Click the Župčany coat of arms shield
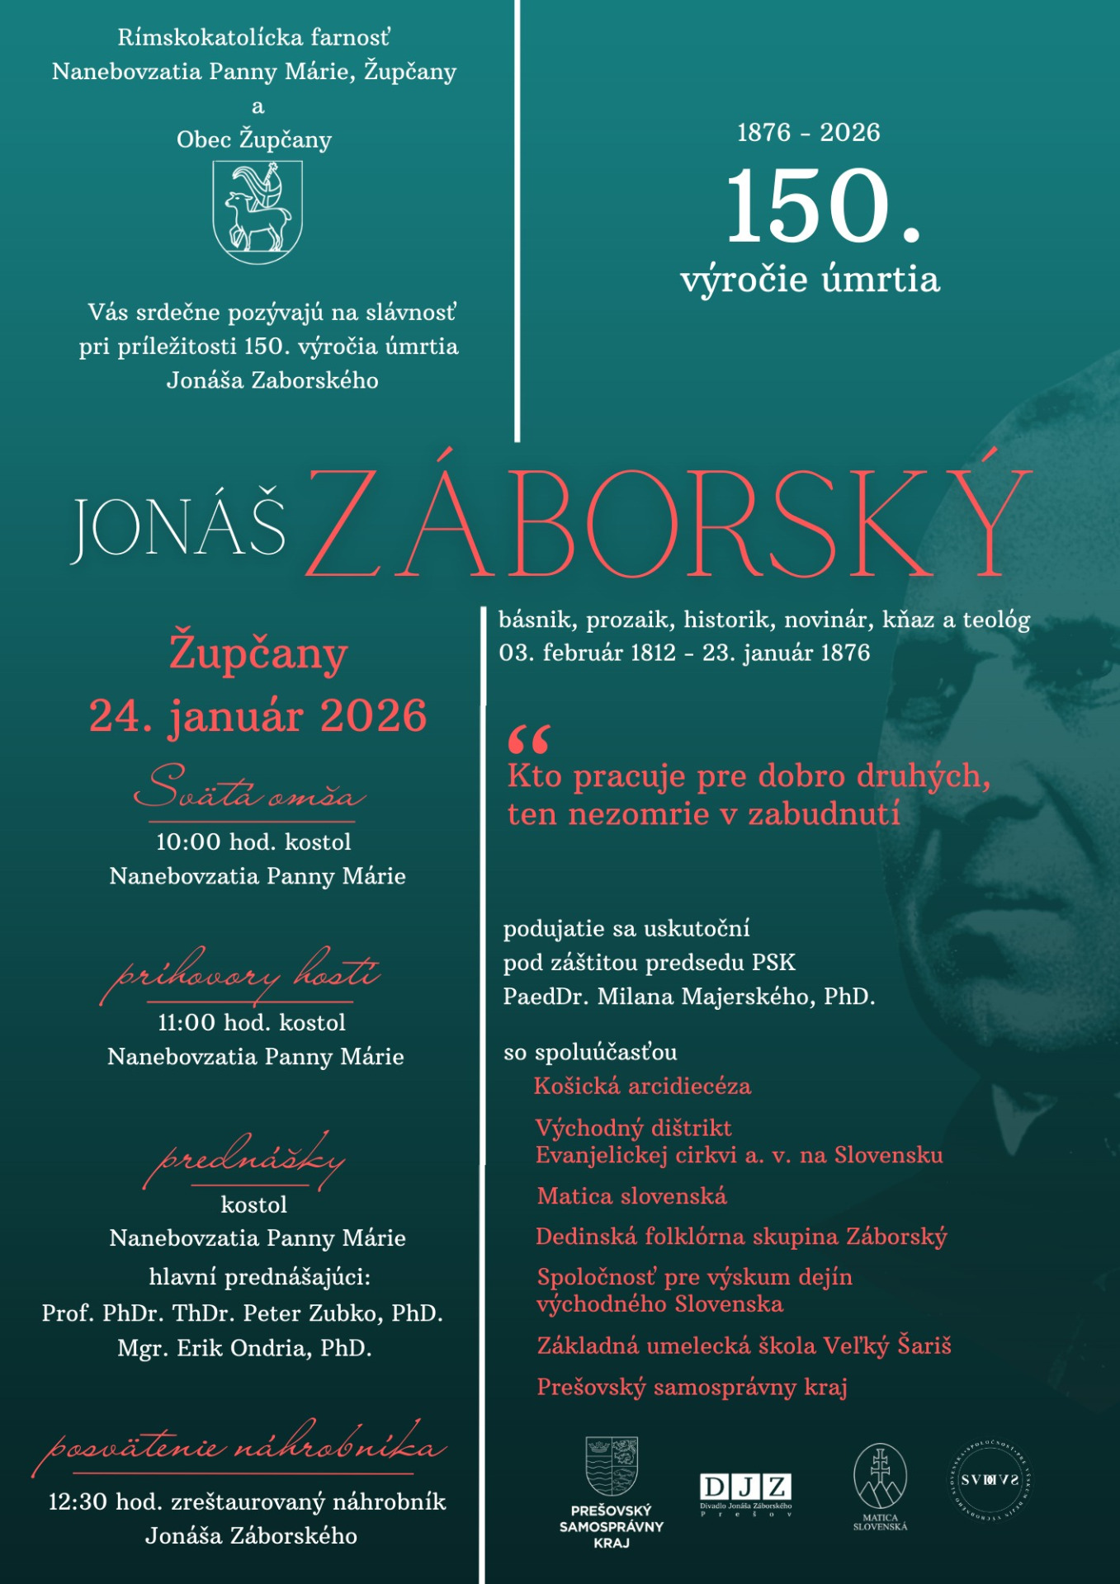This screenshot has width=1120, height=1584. click(x=258, y=212)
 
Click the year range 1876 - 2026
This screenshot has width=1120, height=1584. click(x=808, y=132)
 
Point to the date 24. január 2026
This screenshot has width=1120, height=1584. click(x=258, y=715)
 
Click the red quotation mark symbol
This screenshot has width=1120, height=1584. click(x=529, y=739)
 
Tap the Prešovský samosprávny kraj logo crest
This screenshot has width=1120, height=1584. click(x=612, y=1466)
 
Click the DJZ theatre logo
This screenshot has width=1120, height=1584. click(x=745, y=1487)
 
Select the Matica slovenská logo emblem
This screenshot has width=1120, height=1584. click(x=880, y=1476)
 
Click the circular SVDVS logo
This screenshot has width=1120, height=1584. click(x=990, y=1479)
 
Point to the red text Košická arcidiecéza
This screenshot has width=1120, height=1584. click(x=642, y=1086)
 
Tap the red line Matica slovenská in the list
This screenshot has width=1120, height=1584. click(x=631, y=1196)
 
